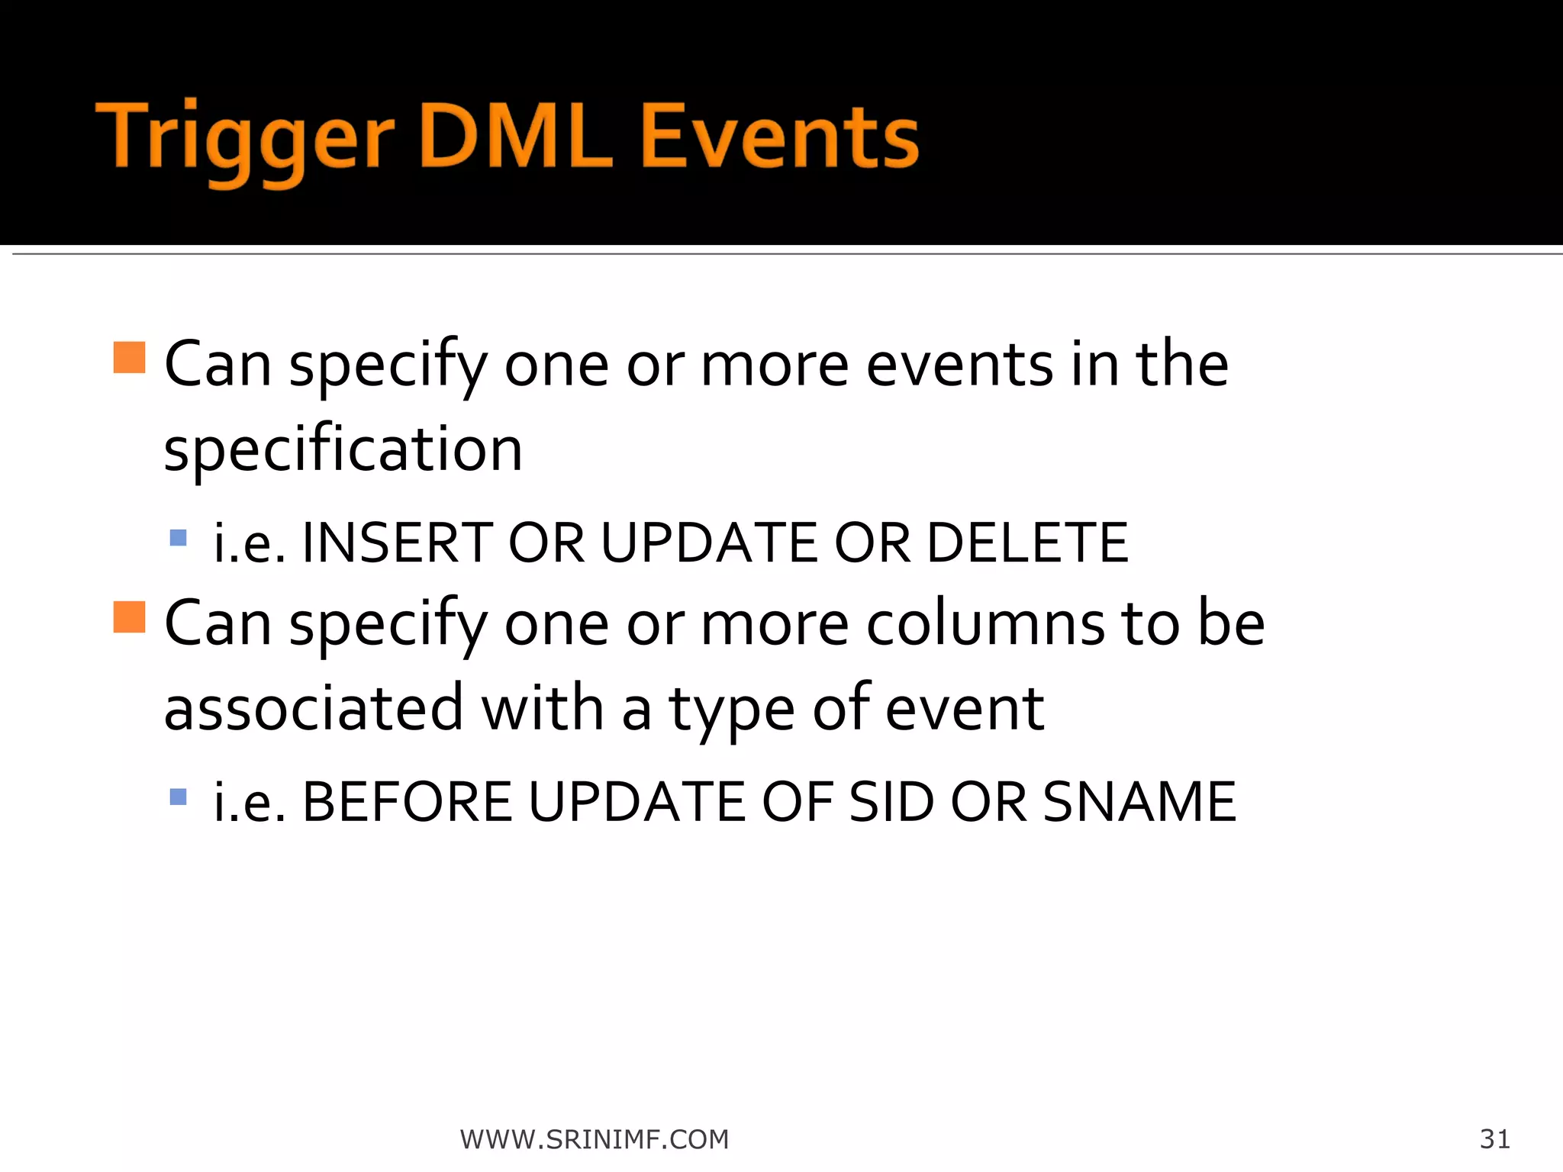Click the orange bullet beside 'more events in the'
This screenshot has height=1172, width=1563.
pos(129,357)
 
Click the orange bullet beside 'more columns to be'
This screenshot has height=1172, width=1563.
pos(129,617)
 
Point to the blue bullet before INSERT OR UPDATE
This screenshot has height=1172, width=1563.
pos(178,538)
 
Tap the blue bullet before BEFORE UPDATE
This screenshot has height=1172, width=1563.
pos(178,797)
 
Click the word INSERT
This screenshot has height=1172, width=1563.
pos(397,543)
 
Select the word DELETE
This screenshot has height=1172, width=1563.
pos(1027,543)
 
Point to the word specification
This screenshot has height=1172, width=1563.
pos(343,450)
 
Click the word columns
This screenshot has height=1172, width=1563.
pos(985,623)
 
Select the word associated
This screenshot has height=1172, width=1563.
pos(314,708)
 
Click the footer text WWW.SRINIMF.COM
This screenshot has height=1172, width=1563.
pos(595,1139)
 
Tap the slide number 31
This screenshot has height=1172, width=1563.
pos(1494,1138)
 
